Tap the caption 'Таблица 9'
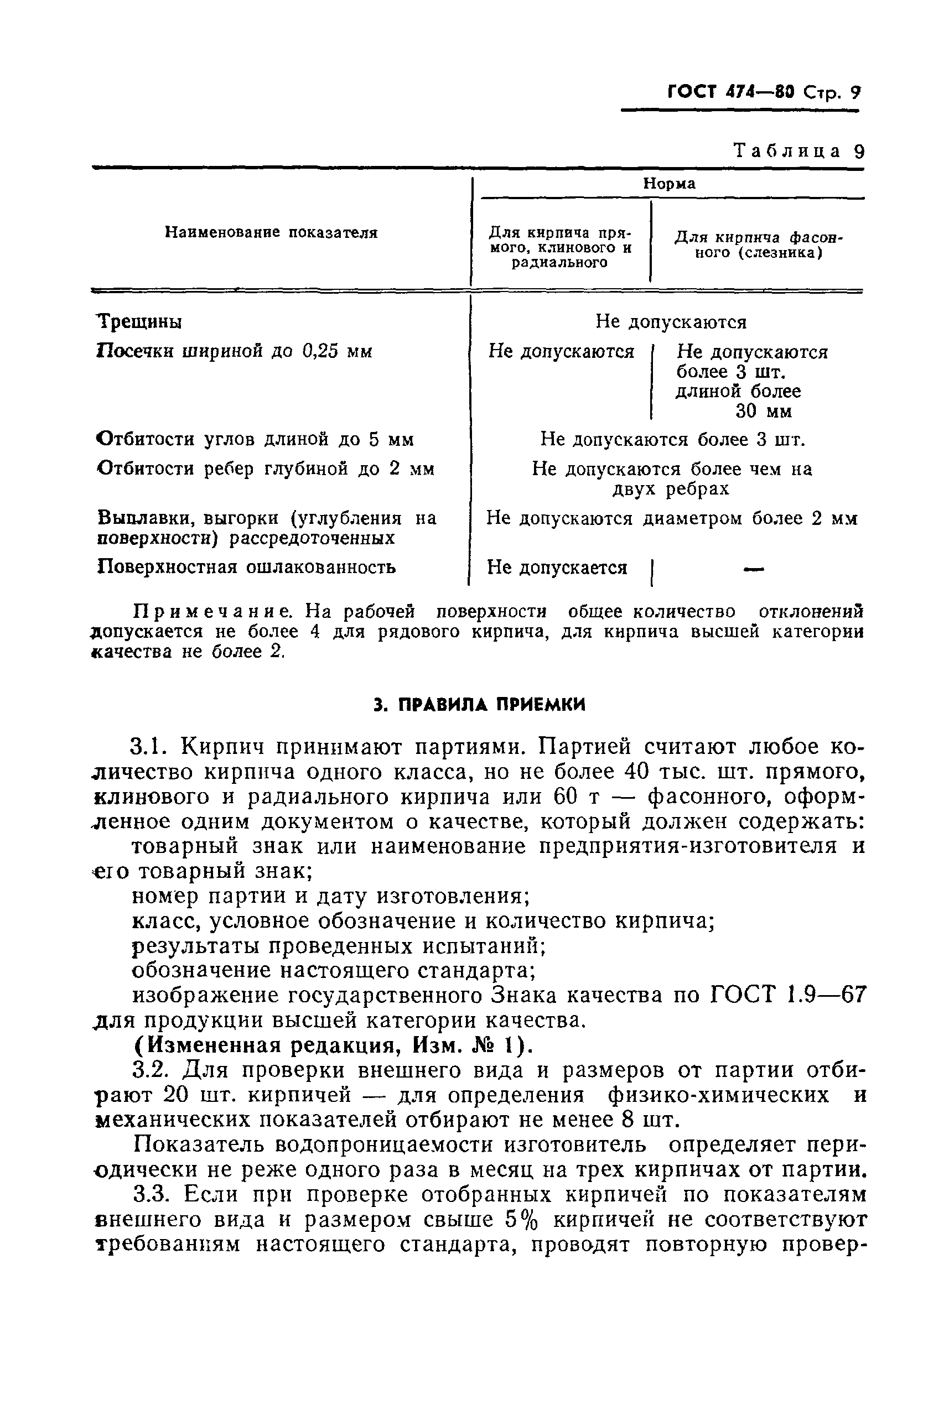point(798,150)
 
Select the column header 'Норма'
point(668,184)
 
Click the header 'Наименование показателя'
point(271,233)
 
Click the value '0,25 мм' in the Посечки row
point(337,351)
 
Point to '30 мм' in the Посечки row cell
point(763,412)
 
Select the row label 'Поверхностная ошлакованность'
point(246,567)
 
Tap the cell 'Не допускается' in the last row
point(557,568)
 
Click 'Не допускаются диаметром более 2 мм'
point(671,519)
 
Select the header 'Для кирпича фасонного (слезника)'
point(758,246)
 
